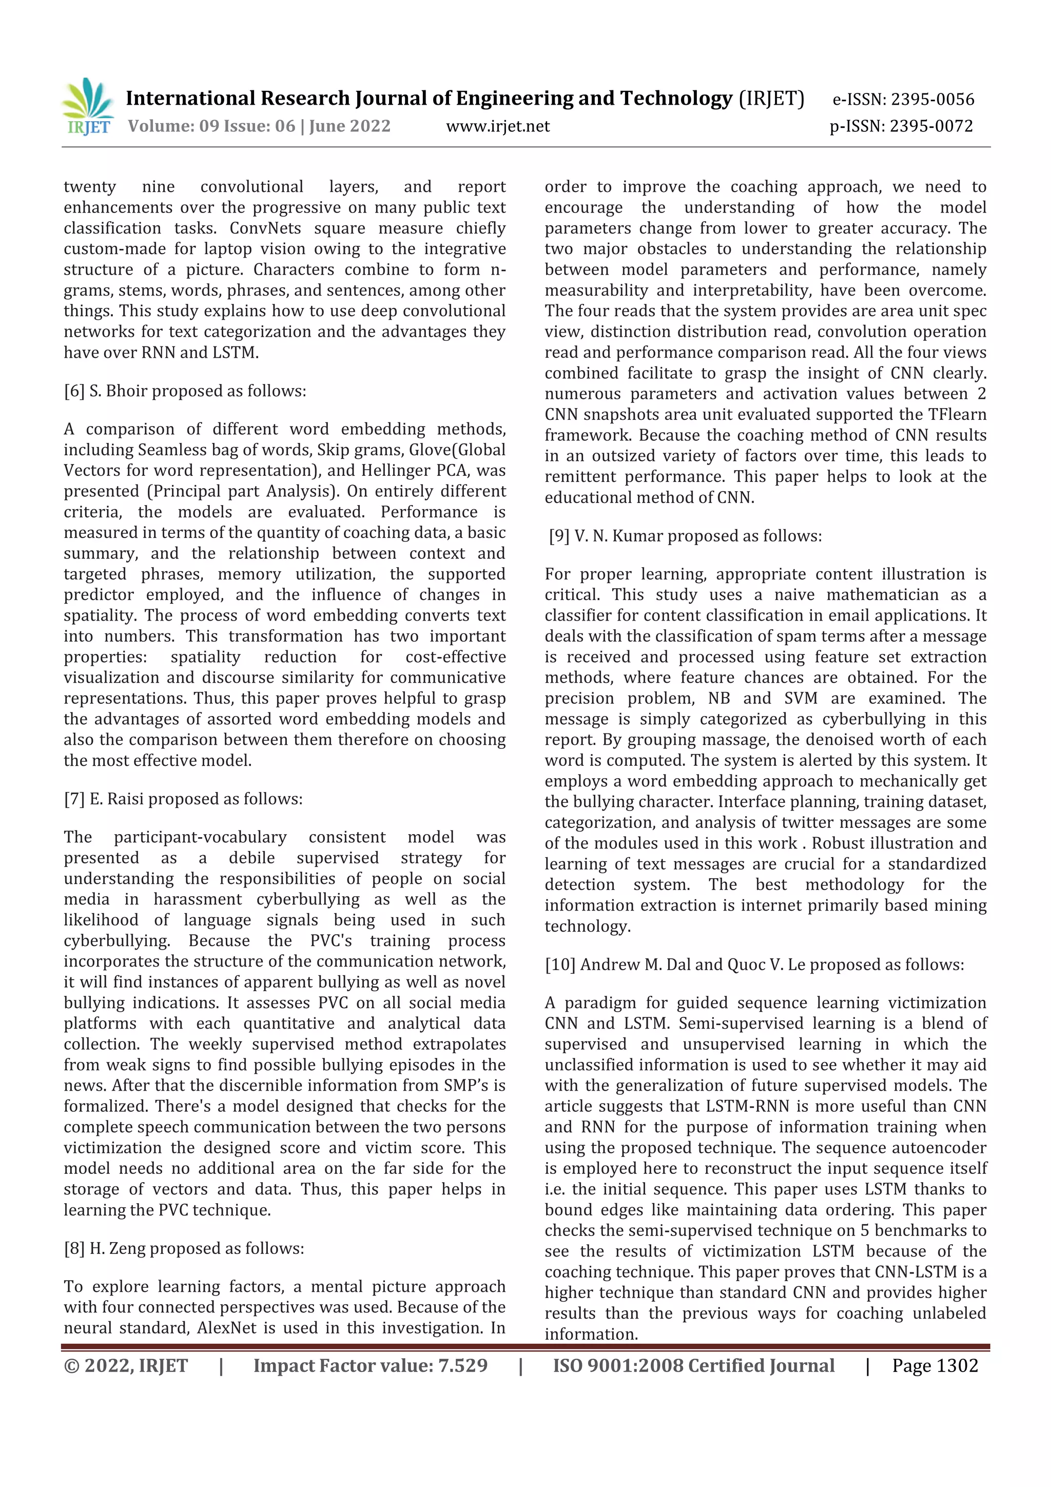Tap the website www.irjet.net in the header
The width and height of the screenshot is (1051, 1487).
coord(497,126)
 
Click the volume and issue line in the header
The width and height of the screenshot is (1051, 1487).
coord(259,126)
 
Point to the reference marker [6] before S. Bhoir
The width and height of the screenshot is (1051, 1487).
coord(74,391)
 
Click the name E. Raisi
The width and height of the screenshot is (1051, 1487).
coord(113,799)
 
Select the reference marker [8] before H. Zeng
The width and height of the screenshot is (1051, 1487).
coord(74,1248)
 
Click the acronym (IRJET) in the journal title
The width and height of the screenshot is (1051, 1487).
coord(771,99)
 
